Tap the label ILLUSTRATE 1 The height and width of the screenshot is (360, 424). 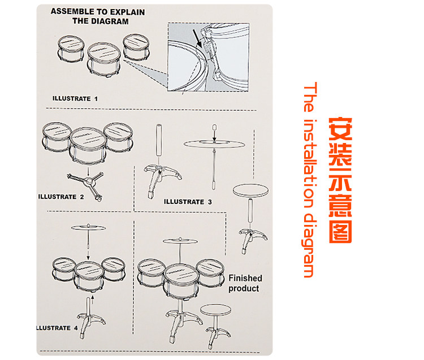pos(75,99)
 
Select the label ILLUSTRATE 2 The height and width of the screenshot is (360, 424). pos(61,197)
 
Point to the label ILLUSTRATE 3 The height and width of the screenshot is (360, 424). pos(188,202)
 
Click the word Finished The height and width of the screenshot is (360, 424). pos(245,278)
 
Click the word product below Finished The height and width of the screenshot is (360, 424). pos(244,288)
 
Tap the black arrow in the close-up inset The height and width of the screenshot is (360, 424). pos(198,38)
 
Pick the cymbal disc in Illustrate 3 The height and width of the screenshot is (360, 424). pos(214,144)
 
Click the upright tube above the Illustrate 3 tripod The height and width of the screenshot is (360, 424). pos(159,140)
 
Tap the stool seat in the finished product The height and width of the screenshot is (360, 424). pos(215,310)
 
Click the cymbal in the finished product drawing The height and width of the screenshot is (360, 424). pos(180,241)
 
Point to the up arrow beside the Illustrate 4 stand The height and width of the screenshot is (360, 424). pos(93,300)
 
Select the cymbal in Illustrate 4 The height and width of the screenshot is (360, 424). pos(88,228)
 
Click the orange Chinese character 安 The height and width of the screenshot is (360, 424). pos(340,129)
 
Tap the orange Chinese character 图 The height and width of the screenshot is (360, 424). pos(340,232)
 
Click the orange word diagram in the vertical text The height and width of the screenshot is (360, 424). pos(309,245)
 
